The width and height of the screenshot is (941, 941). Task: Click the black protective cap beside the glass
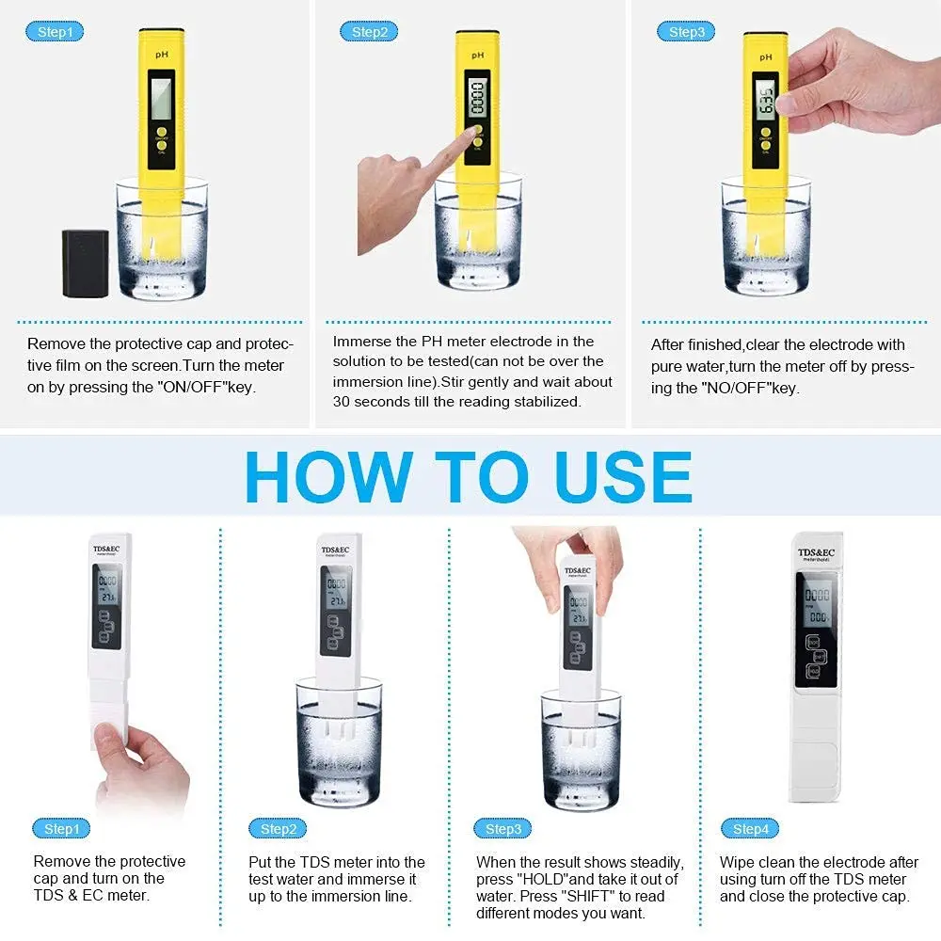(85, 263)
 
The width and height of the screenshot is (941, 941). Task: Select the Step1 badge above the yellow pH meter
(56, 32)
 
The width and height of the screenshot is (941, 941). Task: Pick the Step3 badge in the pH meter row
(686, 32)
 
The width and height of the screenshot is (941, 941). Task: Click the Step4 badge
(750, 829)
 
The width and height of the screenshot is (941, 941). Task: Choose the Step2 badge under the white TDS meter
(278, 829)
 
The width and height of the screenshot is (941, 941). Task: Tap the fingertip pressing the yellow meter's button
(468, 137)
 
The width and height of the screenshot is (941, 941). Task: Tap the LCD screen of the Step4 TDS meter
(815, 607)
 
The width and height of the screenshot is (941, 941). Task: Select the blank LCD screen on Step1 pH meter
(161, 96)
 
